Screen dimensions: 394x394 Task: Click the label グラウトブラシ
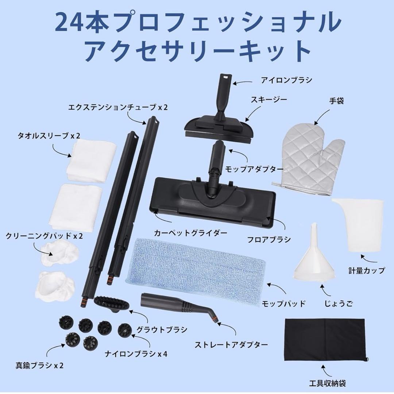162,329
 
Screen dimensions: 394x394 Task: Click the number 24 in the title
65,23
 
